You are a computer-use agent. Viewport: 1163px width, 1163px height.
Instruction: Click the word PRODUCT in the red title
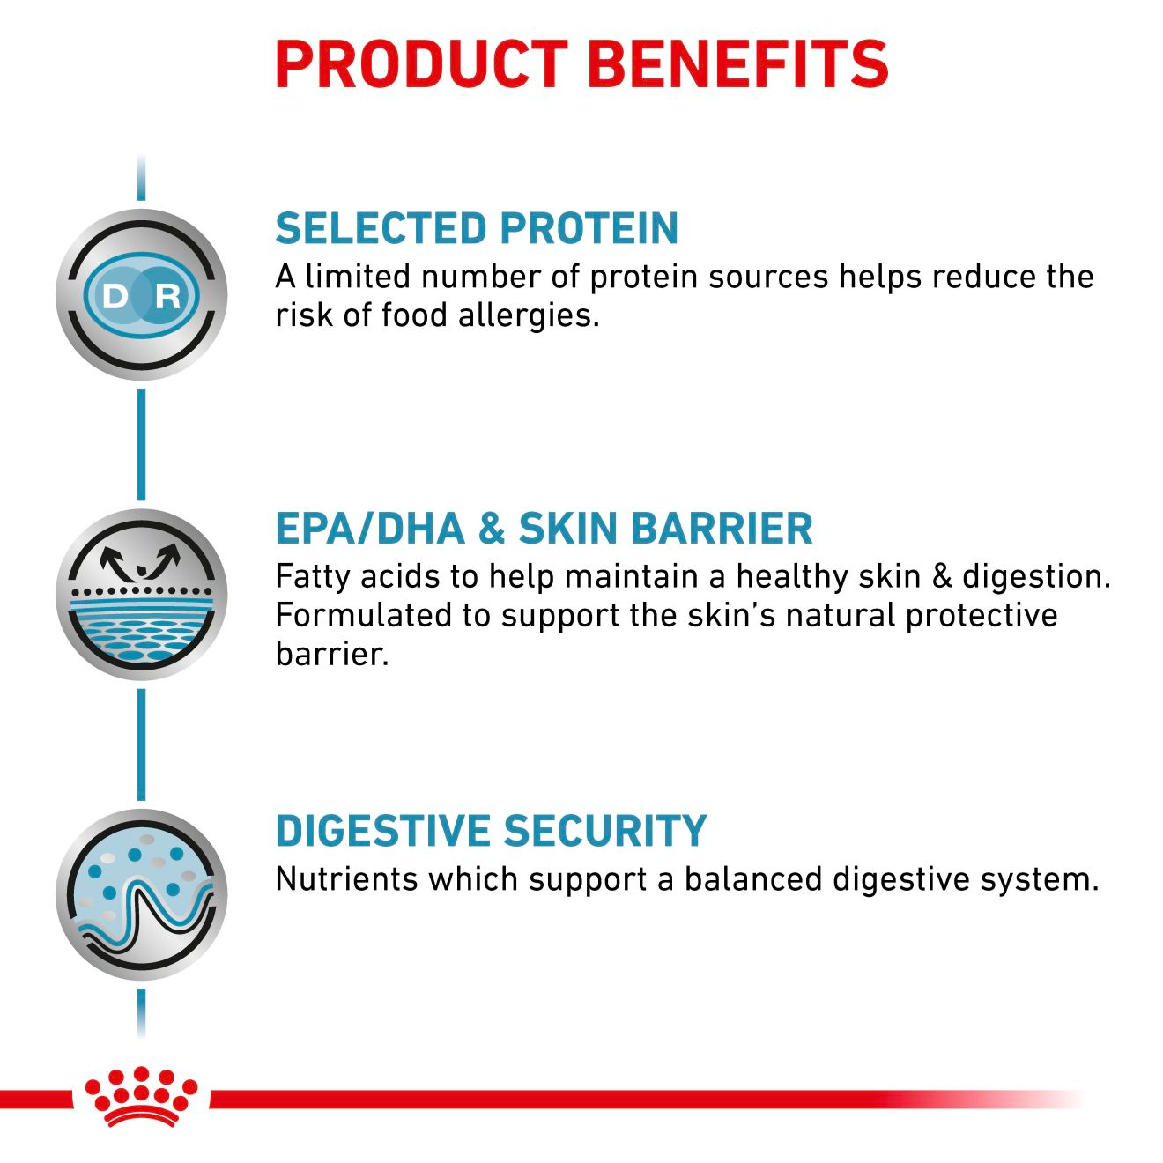tap(421, 63)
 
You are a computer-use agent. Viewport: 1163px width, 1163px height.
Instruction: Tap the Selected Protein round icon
tap(141, 295)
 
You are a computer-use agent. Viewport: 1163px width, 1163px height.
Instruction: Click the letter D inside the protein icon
tap(115, 296)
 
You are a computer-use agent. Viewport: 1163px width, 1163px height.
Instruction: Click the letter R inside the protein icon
tap(167, 296)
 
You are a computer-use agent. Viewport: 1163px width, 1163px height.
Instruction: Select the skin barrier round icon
tap(141, 595)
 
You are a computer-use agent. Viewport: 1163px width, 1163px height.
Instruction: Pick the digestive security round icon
tap(141, 894)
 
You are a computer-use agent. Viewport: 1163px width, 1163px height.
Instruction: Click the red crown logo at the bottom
tap(141, 1096)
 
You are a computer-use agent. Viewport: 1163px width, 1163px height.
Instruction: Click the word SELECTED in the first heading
tap(370, 228)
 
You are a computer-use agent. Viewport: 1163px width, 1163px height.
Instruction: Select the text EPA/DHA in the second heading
tap(370, 529)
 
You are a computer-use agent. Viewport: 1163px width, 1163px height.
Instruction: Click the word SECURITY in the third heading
tap(606, 831)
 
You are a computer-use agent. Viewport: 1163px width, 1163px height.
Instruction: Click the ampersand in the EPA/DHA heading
tap(491, 529)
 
